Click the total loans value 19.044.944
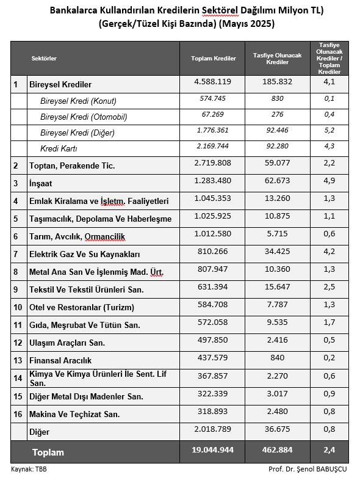(213, 451)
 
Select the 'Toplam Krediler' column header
(213, 58)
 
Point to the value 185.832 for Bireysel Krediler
(278, 81)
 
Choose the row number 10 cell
(18, 307)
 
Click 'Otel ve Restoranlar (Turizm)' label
(81, 307)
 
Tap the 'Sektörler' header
(44, 58)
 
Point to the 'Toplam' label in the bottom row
(48, 453)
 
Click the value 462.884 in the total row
(278, 451)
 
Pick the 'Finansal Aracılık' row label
(60, 360)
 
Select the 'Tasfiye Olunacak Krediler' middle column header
(278, 58)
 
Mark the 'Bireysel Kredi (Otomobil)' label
(84, 117)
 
